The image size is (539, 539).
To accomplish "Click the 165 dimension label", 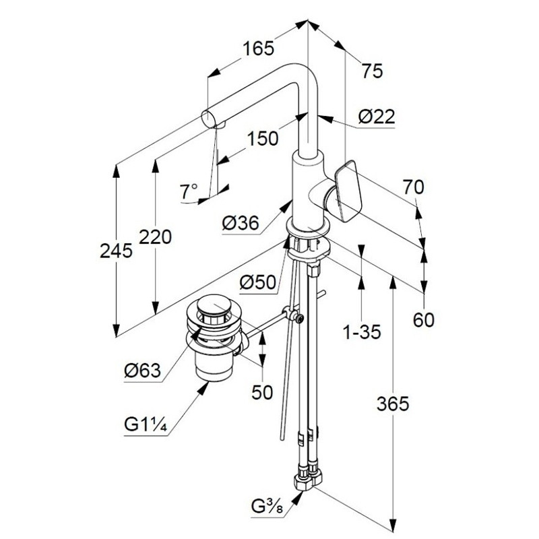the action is [x=259, y=48].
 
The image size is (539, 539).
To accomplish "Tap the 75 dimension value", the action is [x=372, y=71].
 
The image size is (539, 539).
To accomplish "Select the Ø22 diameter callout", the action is [x=377, y=117].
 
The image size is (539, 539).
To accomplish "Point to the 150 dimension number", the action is [x=263, y=139].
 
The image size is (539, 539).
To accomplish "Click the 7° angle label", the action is [x=189, y=191].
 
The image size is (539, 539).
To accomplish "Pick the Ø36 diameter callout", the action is [x=241, y=224].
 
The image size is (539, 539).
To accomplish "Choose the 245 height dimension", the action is [x=116, y=250].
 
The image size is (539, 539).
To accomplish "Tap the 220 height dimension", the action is [x=155, y=237].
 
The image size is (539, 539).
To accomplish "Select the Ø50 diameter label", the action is [x=258, y=282].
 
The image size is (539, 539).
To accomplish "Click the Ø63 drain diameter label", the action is [x=143, y=371].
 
